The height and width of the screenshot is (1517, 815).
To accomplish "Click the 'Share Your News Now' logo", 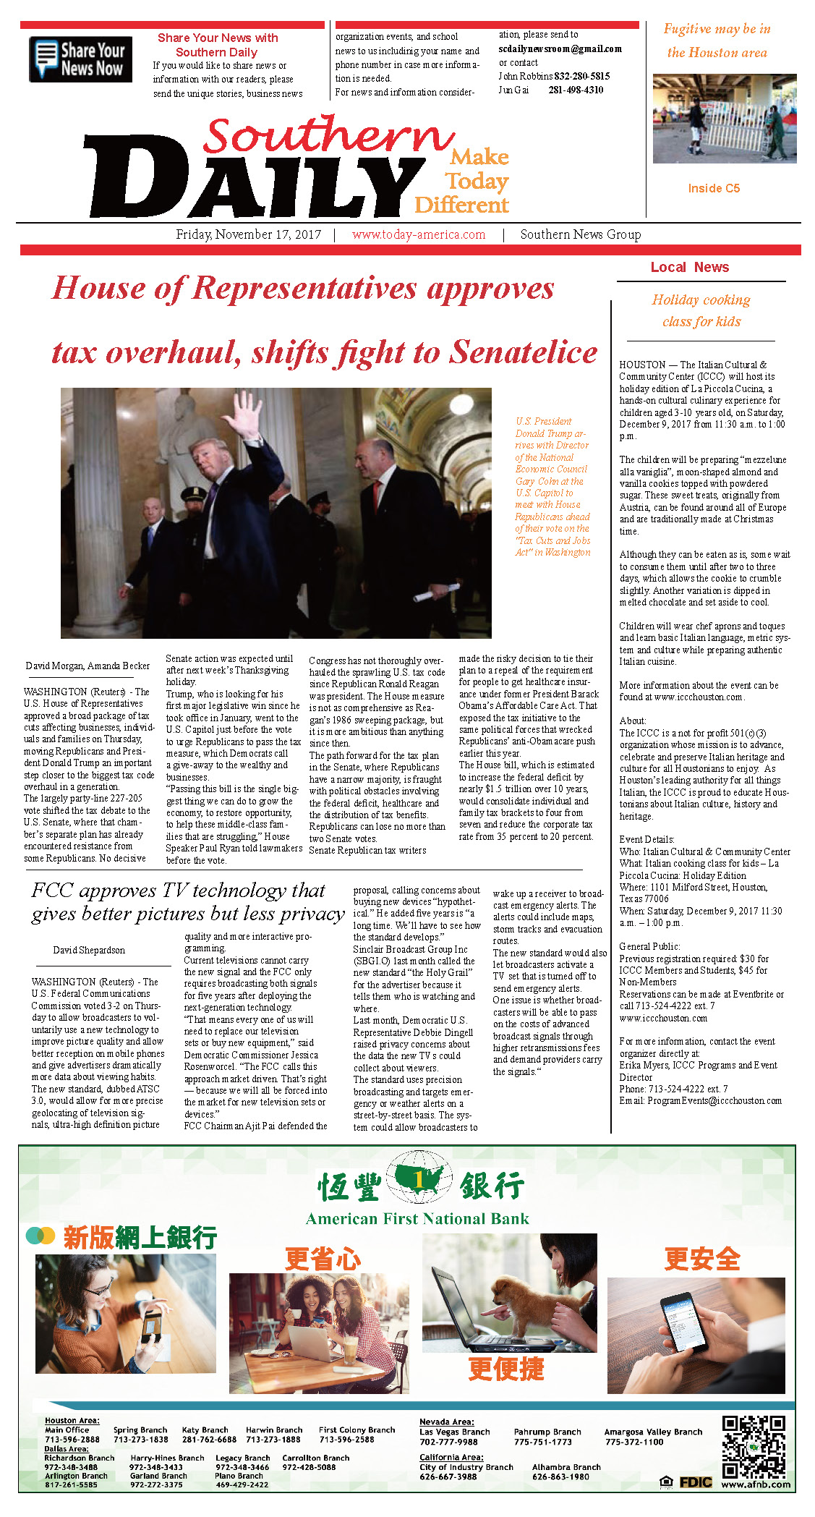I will click(x=80, y=59).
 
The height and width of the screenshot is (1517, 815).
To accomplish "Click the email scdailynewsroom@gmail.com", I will click(x=560, y=48).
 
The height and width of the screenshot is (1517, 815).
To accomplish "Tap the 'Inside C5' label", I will click(x=714, y=188).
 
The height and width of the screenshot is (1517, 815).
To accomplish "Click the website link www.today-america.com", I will click(x=419, y=234).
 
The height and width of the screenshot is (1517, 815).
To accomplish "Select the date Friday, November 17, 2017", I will click(x=248, y=234).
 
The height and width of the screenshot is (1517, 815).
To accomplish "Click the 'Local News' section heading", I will click(x=689, y=267).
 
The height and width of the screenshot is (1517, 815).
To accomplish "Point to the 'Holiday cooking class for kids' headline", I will click(x=701, y=310).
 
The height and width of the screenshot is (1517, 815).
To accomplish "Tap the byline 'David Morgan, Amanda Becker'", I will click(x=88, y=666).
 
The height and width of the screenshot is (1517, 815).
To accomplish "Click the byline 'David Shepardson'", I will click(x=89, y=950).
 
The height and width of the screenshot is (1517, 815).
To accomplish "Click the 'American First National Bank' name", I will click(x=417, y=1219).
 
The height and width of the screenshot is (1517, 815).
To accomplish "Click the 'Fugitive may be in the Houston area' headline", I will click(x=717, y=41).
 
